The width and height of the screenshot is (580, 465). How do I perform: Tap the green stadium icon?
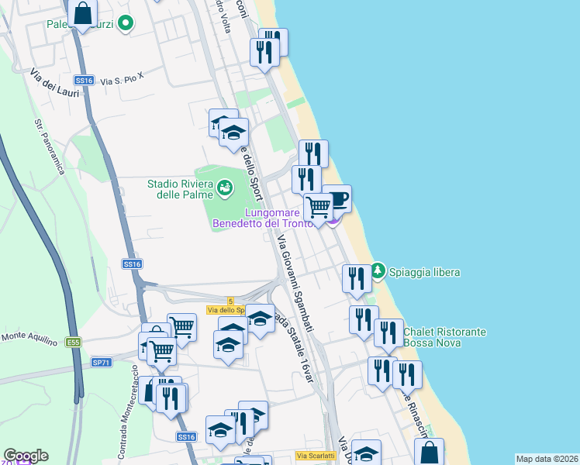(224, 187)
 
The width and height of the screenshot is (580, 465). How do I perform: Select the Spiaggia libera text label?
(424, 272)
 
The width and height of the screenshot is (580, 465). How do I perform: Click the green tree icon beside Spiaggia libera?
(378, 271)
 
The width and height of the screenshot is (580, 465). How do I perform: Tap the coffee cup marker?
(338, 199)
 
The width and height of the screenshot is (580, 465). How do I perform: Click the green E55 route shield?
(74, 342)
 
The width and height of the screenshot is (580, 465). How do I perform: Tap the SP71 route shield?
(102, 362)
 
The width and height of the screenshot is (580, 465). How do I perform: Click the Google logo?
(26, 456)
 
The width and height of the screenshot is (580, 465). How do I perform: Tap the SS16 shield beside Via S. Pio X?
(85, 80)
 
